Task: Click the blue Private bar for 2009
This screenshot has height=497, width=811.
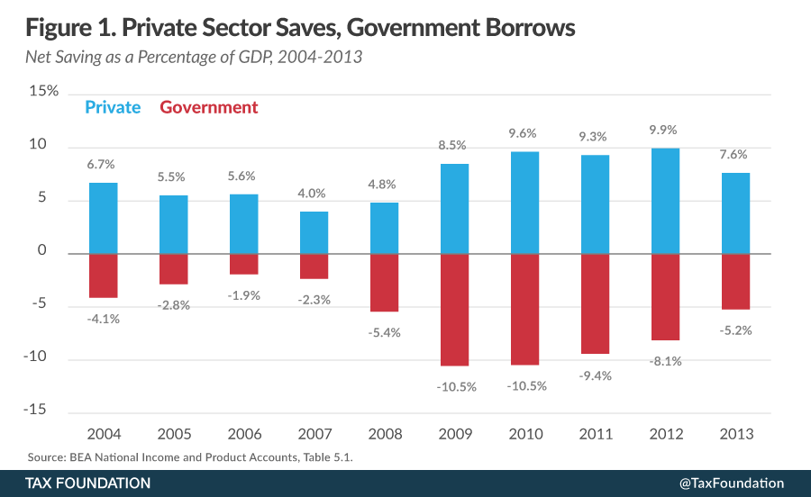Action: click(455, 209)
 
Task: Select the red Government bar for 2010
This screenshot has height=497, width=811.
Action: click(524, 309)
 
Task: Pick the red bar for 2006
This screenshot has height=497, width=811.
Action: click(244, 264)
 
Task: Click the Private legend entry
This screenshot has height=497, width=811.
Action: click(113, 107)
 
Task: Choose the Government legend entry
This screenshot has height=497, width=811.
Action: click(208, 107)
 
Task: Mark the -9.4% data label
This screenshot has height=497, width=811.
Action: click(595, 375)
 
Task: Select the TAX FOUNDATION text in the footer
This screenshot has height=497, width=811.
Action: click(88, 483)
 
